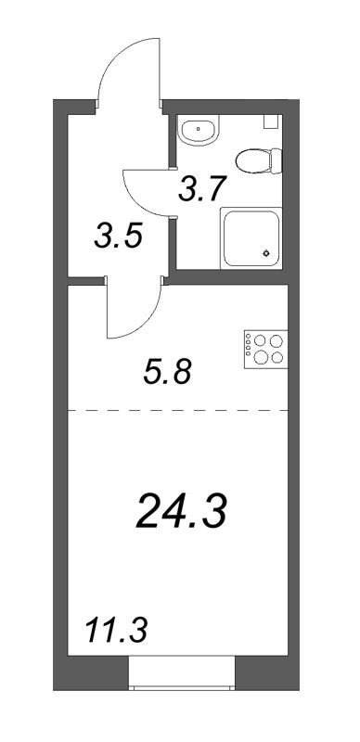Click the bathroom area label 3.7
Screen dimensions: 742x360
click(x=200, y=192)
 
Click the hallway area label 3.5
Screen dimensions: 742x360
click(x=118, y=238)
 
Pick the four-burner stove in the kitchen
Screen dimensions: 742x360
click(x=267, y=352)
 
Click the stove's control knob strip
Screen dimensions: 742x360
click(x=249, y=352)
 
